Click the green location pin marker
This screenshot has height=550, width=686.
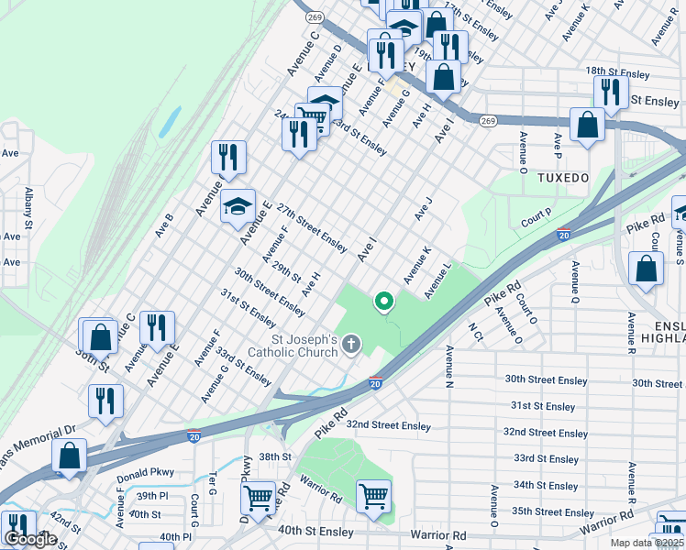(x=383, y=301)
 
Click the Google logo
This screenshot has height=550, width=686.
(x=30, y=539)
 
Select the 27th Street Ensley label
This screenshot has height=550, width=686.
(x=312, y=228)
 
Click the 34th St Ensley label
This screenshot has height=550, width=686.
(x=546, y=485)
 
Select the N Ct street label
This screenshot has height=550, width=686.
(x=476, y=330)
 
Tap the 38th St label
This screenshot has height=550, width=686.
(x=274, y=456)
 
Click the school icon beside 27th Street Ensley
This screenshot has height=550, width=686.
(x=238, y=206)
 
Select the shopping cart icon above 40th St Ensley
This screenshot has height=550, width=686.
(x=373, y=497)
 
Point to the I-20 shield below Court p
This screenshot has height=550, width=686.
(x=564, y=236)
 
